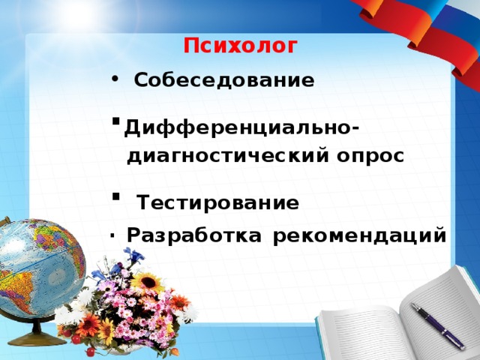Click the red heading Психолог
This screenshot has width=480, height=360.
(x=240, y=46)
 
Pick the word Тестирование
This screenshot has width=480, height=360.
(x=217, y=203)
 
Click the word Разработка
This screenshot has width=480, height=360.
(x=194, y=235)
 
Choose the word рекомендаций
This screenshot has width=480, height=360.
(x=360, y=235)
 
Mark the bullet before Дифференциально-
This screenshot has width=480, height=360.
(x=115, y=121)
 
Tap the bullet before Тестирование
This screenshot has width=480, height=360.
(x=115, y=197)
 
